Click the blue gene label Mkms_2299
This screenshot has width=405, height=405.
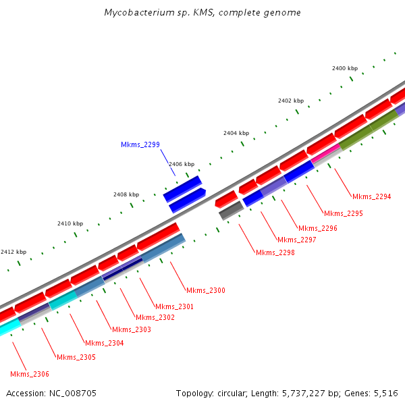(140, 144)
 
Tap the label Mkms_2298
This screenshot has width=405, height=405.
(274, 252)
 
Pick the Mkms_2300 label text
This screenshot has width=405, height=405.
(205, 290)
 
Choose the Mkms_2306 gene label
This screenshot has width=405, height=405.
(30, 374)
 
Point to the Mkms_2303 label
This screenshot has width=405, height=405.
(131, 329)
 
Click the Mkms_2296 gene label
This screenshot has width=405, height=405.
(317, 228)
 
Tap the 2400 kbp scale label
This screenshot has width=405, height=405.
(344, 68)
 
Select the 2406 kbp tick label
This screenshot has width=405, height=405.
(182, 164)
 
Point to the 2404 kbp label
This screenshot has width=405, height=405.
(236, 133)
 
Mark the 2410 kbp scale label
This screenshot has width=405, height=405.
(70, 223)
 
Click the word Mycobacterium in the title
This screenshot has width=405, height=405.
(136, 13)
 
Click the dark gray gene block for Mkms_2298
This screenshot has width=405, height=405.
(230, 211)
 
